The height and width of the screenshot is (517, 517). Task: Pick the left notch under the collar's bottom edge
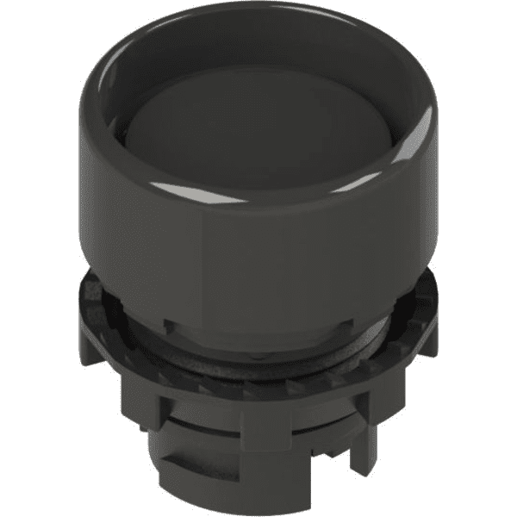[172, 325]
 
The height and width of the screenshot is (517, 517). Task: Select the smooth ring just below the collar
[258, 345]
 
